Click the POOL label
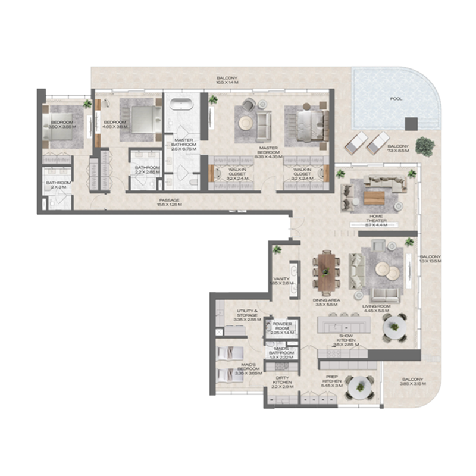pyautogui.click(x=395, y=99)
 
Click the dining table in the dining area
pyautogui.click(x=327, y=271)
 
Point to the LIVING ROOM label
pyautogui.click(x=375, y=309)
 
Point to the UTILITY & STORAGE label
pyautogui.click(x=247, y=314)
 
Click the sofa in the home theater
pyautogui.click(x=380, y=182)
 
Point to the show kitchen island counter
pyautogui.click(x=344, y=325)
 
